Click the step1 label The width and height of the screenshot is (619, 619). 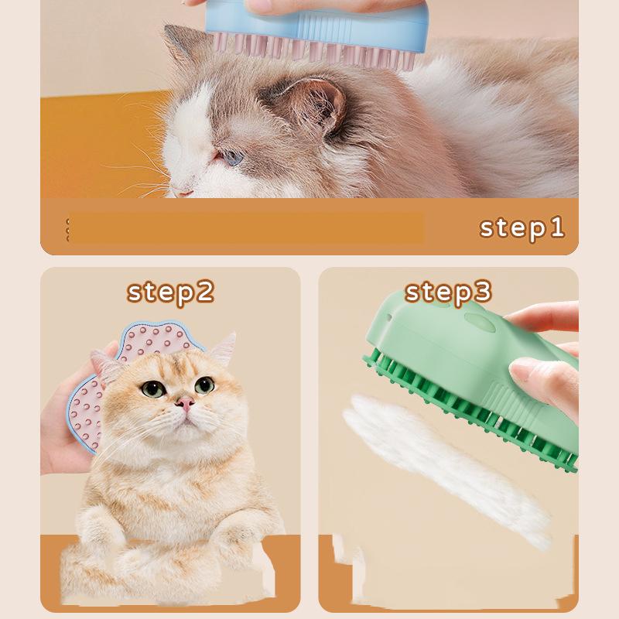(x=522, y=227)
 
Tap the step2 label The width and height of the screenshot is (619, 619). (x=170, y=292)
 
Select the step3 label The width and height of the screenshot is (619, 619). (x=448, y=292)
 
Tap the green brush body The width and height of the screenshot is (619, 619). (x=433, y=340)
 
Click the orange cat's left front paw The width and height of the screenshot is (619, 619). (x=108, y=534)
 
